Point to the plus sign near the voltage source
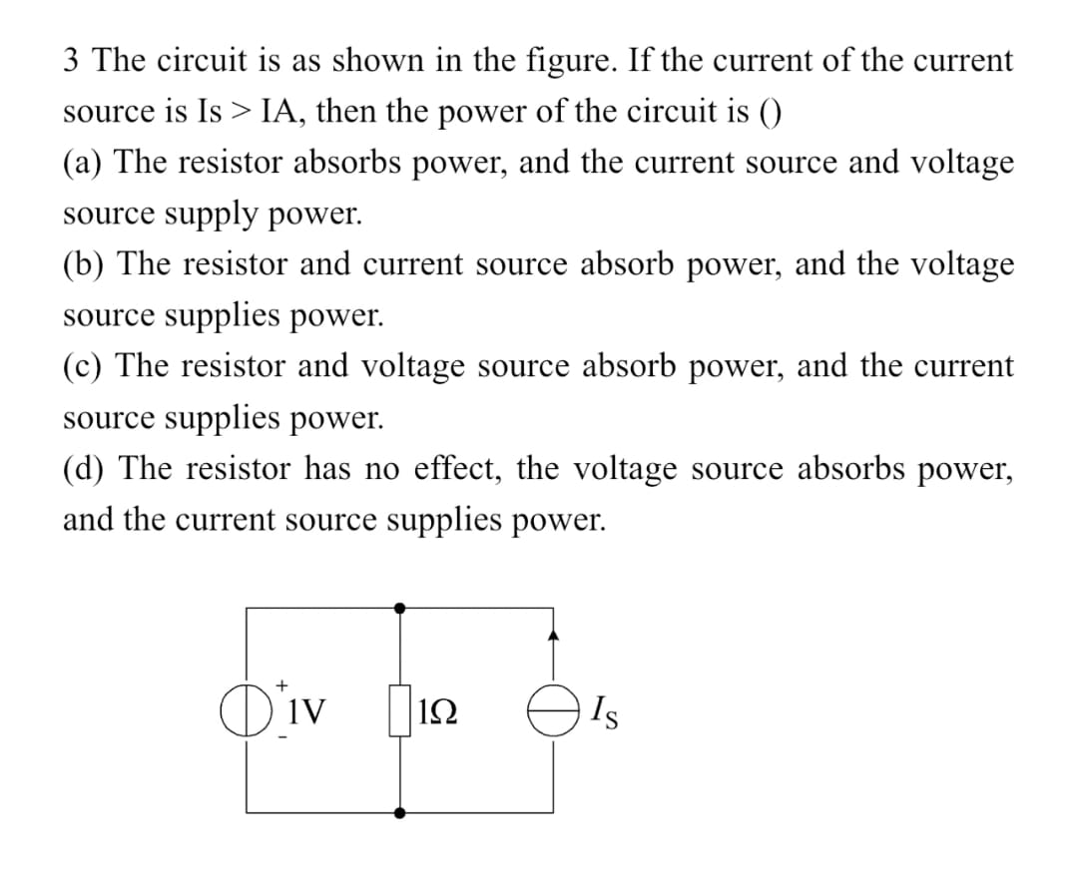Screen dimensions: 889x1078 tap(282, 684)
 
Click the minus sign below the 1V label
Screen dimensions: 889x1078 tap(282, 737)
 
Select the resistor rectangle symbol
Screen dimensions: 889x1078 tap(400, 710)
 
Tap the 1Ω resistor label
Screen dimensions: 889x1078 tap(440, 710)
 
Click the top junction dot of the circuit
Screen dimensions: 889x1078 tap(400, 607)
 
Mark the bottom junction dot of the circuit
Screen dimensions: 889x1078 tap(400, 813)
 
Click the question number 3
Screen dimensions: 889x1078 tap(71, 61)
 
